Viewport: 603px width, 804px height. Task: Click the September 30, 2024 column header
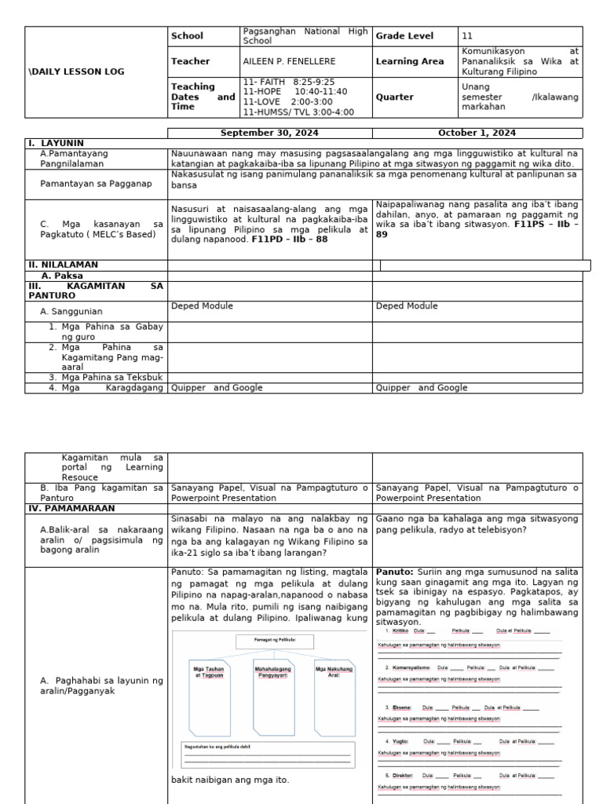[269, 133]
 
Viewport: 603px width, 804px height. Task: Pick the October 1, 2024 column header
[477, 133]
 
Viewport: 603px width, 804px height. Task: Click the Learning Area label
[409, 61]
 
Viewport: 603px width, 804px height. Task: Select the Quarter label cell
[394, 97]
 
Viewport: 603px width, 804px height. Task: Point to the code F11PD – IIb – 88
[290, 239]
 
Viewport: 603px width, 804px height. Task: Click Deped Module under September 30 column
[202, 306]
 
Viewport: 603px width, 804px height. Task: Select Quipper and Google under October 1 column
[421, 387]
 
